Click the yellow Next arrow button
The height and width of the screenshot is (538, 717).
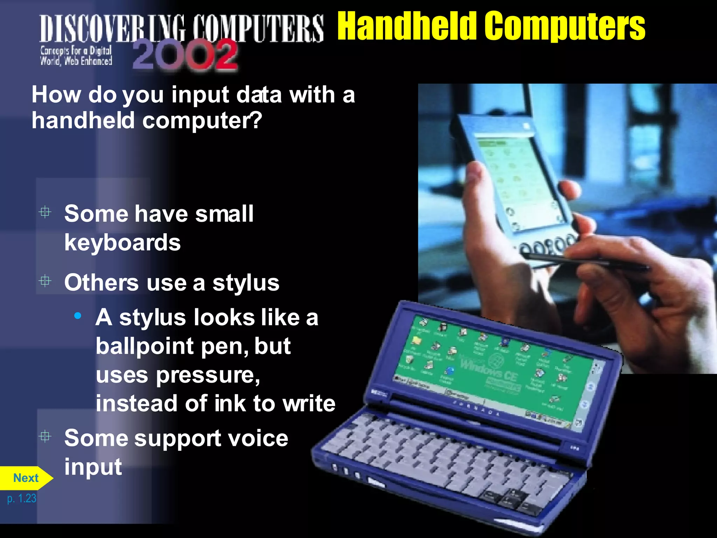click(26, 478)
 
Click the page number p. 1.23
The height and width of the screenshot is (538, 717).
click(22, 498)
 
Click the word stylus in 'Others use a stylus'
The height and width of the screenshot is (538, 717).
click(246, 283)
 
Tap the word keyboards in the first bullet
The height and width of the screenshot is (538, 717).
click(123, 243)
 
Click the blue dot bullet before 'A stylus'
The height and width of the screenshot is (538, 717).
click(78, 316)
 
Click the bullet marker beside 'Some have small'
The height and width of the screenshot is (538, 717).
click(45, 212)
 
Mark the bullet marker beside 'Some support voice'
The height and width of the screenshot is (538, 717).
click(45, 436)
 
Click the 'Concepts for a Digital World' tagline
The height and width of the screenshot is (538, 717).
click(76, 56)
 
